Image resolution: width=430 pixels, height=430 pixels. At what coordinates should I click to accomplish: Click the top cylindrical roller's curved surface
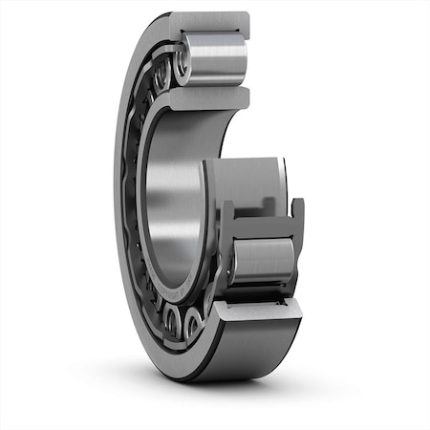click(215, 59)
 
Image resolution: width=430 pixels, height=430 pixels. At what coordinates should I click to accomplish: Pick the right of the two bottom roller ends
click(194, 325)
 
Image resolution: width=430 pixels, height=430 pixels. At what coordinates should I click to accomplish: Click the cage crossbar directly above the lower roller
click(263, 227)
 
